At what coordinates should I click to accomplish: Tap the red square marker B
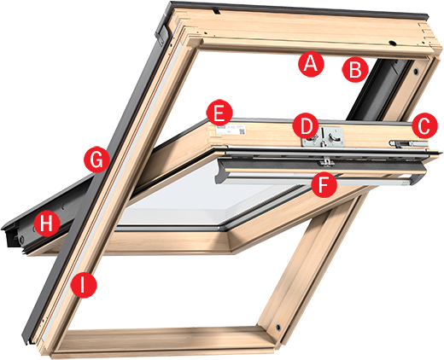[x=354, y=69]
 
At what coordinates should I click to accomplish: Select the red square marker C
[x=422, y=125]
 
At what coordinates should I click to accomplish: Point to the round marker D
[x=304, y=126]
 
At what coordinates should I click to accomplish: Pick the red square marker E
[x=219, y=112]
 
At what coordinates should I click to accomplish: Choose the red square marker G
[x=98, y=160]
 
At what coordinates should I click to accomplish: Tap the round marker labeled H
[x=47, y=224]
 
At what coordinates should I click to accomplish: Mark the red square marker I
[x=83, y=284]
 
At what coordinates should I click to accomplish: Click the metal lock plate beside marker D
[x=330, y=134]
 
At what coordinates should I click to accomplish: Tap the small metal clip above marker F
[x=325, y=161]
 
